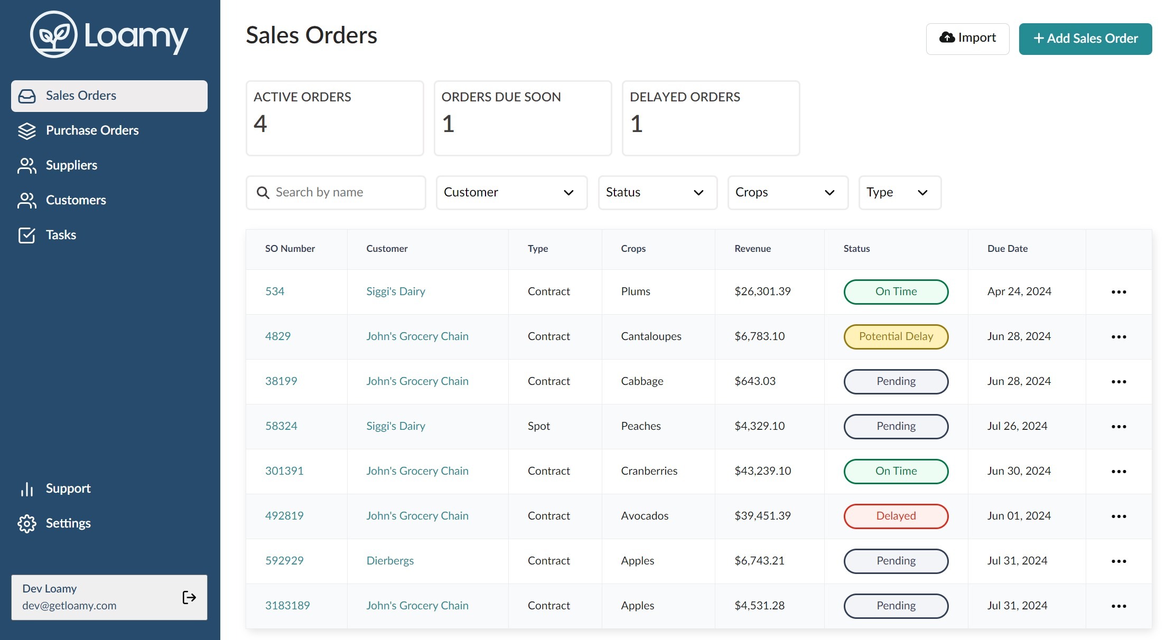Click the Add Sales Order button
coord(1085,39)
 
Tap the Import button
coord(967,39)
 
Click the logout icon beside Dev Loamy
coord(189,597)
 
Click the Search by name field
coord(336,192)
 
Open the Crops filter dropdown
coord(788,192)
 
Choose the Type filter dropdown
coord(900,192)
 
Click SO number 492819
coord(284,515)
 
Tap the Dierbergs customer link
coord(390,561)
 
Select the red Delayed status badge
coord(896,516)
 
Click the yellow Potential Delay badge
coord(896,336)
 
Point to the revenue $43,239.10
coord(762,471)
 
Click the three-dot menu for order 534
coord(1118,292)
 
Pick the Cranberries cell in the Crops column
coord(649,471)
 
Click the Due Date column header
coord(1008,249)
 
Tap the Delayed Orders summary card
coord(711,118)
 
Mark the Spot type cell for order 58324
coord(538,426)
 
